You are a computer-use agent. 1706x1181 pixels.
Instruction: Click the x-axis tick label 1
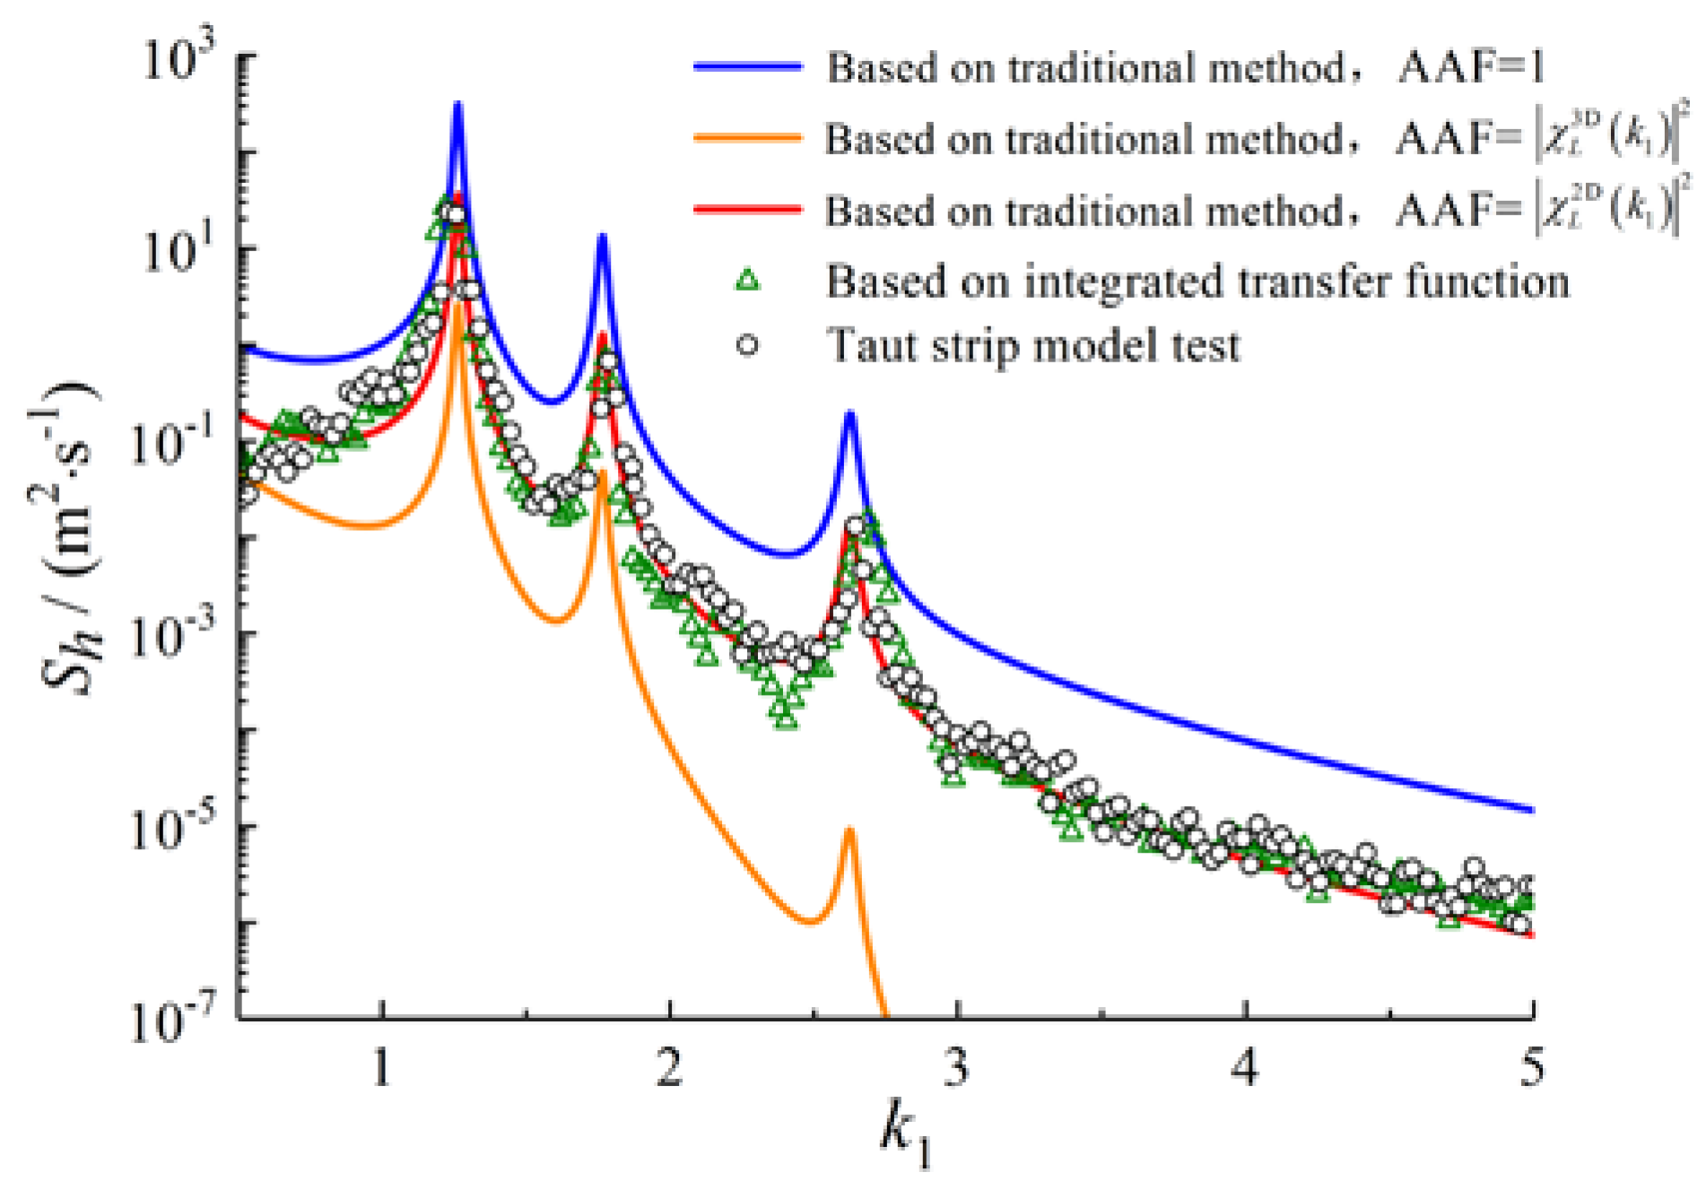[382, 1068]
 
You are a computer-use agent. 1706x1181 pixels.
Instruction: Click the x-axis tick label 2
[669, 1068]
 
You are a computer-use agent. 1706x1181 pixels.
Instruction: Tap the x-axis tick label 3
[957, 1068]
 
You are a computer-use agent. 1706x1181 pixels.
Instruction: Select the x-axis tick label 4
[1245, 1068]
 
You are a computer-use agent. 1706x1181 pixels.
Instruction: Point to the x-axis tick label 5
[1532, 1068]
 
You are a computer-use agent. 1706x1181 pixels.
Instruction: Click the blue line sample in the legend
[746, 67]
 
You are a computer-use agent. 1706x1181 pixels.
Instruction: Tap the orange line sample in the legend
[746, 138]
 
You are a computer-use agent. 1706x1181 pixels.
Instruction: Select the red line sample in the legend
[746, 210]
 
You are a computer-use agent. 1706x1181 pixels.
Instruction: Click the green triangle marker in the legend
[746, 281]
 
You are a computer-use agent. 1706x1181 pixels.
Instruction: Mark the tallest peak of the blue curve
[457, 105]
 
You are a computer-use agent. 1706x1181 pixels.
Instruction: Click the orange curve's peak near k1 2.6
[849, 831]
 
